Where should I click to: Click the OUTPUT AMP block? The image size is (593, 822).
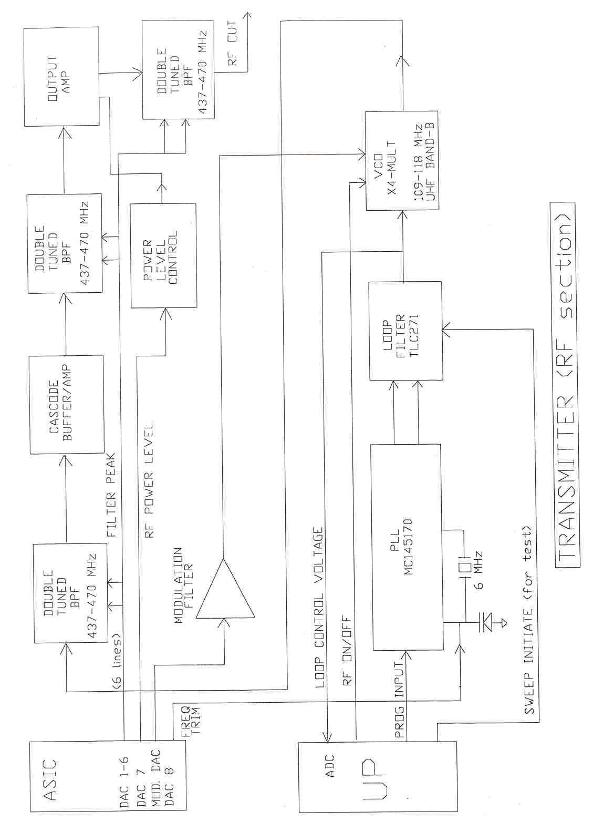tap(61, 77)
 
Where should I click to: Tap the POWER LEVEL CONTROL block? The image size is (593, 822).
tap(163, 255)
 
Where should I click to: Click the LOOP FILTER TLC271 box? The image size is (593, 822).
tap(405, 331)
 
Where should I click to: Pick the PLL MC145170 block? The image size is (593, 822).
tap(405, 547)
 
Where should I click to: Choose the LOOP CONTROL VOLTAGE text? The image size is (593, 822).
tap(319, 607)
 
